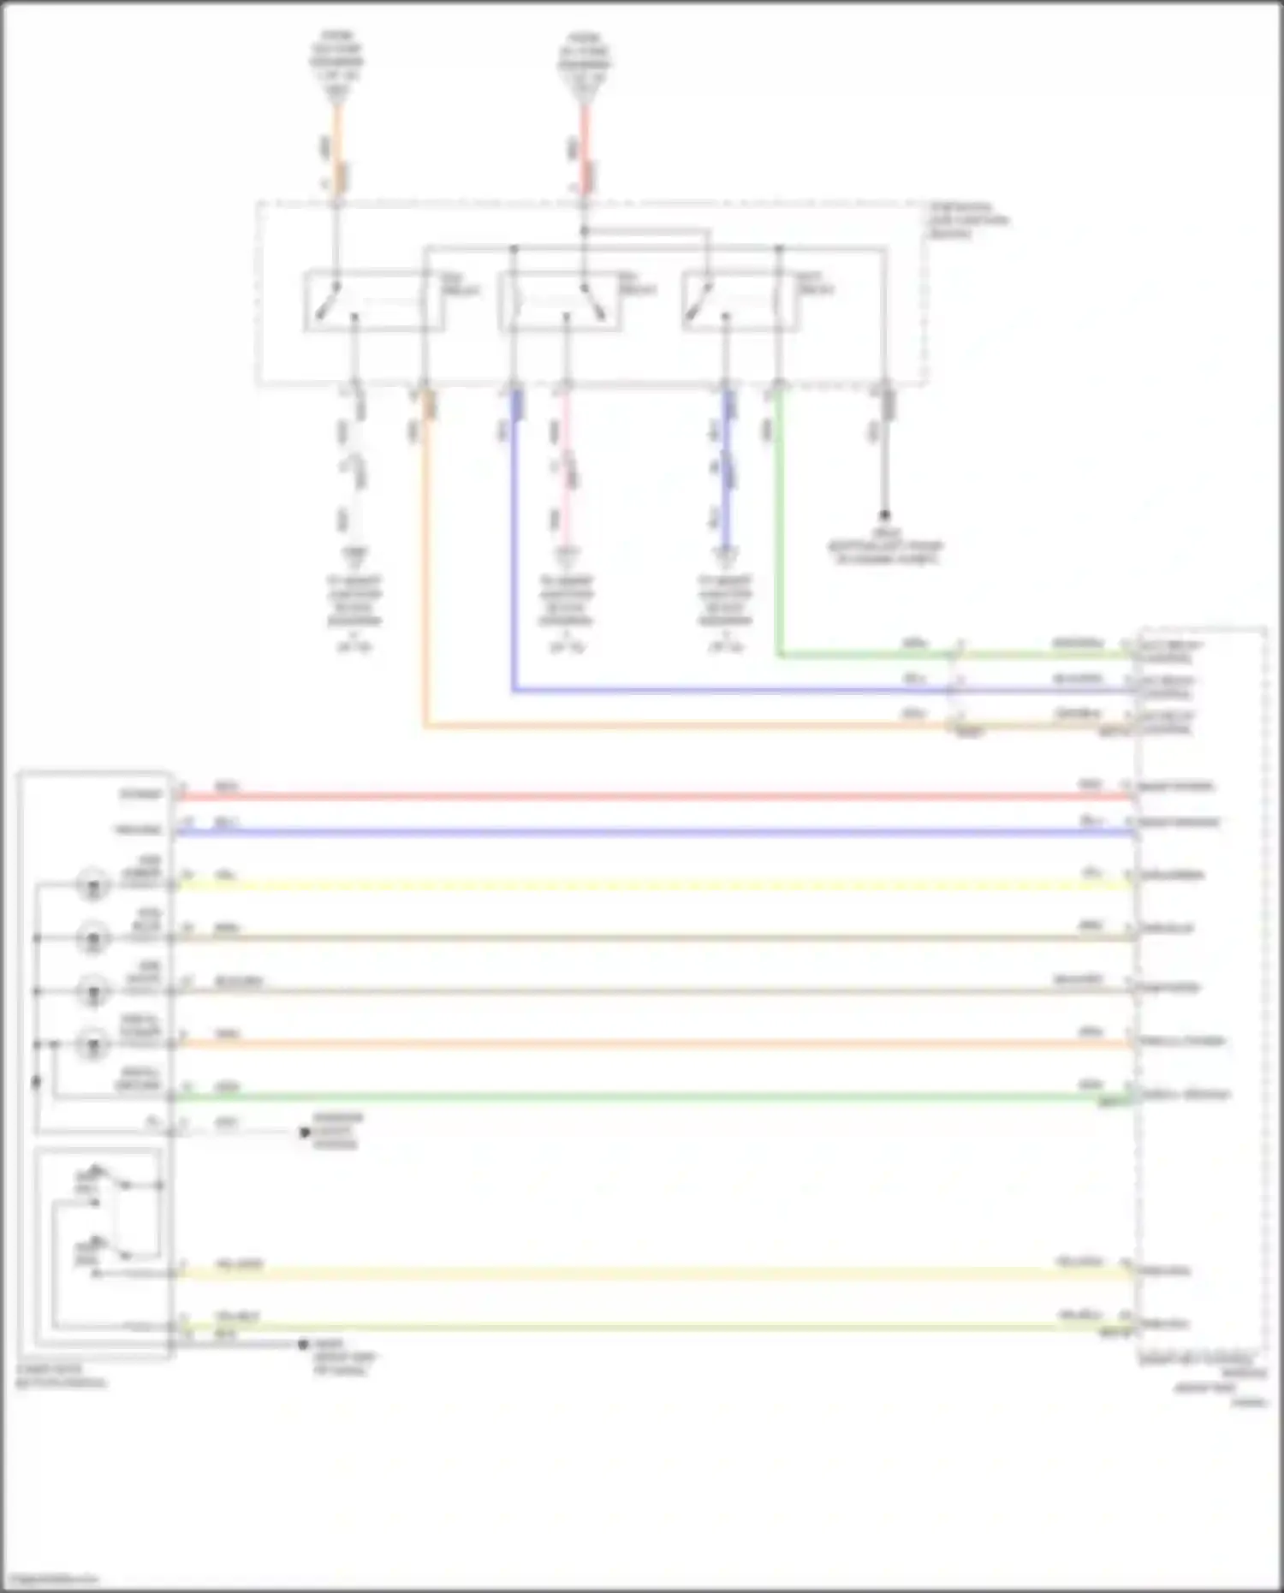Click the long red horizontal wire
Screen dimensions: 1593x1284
pyautogui.click(x=651, y=796)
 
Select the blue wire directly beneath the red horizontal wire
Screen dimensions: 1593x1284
pyautogui.click(x=651, y=832)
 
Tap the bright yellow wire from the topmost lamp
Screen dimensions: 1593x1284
pyautogui.click(x=651, y=885)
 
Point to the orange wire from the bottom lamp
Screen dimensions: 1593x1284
pyautogui.click(x=651, y=1044)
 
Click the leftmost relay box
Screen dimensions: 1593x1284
pyautogui.click(x=374, y=300)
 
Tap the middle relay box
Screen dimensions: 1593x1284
pyautogui.click(x=561, y=300)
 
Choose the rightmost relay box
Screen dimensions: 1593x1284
pyautogui.click(x=741, y=300)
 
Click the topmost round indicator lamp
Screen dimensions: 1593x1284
pyautogui.click(x=92, y=884)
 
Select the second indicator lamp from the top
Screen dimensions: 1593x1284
pyautogui.click(x=92, y=938)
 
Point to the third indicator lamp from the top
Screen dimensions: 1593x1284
pyautogui.click(x=92, y=991)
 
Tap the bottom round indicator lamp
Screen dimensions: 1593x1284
pyautogui.click(x=92, y=1044)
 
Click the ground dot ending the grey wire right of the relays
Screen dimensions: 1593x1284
pyautogui.click(x=885, y=515)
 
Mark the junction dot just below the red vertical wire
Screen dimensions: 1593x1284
pyautogui.click(x=585, y=231)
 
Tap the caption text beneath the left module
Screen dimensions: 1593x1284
pyautogui.click(x=60, y=1376)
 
